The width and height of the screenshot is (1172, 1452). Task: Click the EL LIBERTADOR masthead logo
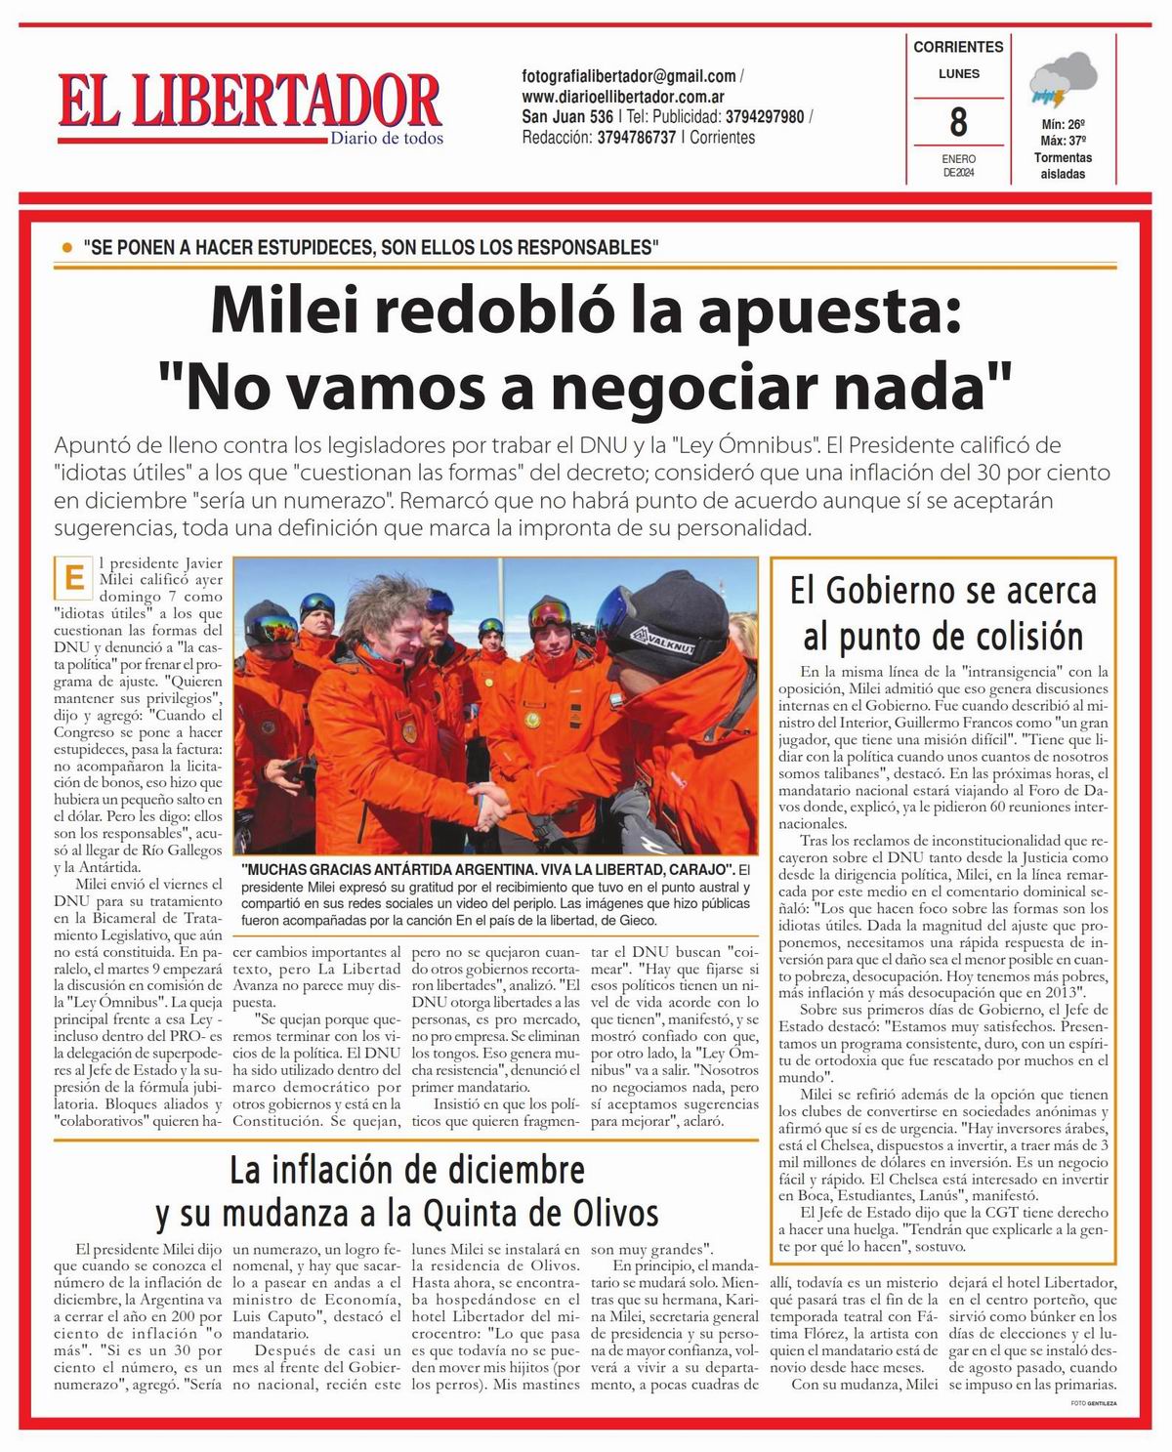point(250,103)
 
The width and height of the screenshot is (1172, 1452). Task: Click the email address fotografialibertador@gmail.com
point(629,76)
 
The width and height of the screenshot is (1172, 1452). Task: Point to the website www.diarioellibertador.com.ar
point(622,97)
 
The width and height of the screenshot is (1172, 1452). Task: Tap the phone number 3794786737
point(636,138)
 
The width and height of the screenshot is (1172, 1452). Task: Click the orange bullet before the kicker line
point(66,248)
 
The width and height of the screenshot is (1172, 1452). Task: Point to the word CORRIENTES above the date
point(958,47)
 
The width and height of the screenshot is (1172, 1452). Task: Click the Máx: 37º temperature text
point(1063,141)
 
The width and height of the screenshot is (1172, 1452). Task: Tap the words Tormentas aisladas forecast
point(1063,166)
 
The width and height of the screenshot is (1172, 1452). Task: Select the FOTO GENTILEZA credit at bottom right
point(1092,1402)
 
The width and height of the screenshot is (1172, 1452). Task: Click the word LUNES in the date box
point(958,73)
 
